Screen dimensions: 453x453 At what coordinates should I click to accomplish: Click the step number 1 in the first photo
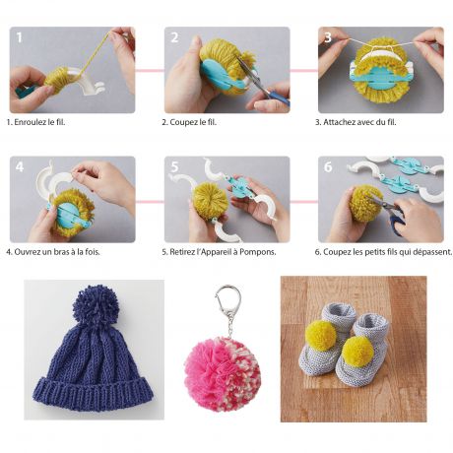coord(20,37)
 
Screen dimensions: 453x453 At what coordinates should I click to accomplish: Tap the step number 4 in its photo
coord(20,167)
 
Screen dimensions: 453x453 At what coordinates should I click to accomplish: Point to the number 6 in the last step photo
coord(328,167)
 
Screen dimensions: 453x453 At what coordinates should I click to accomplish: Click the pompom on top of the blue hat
coord(96,303)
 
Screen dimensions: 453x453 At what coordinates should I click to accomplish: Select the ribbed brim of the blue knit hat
coord(94,393)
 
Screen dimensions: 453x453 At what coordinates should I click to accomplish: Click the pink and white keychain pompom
coord(223,374)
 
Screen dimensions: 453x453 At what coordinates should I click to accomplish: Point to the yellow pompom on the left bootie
coord(321,335)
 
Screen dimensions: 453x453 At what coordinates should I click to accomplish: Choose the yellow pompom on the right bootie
coord(357,351)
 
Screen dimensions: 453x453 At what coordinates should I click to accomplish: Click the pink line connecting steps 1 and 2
coord(150,70)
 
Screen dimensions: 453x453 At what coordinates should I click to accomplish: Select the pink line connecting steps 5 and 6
coord(304,202)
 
